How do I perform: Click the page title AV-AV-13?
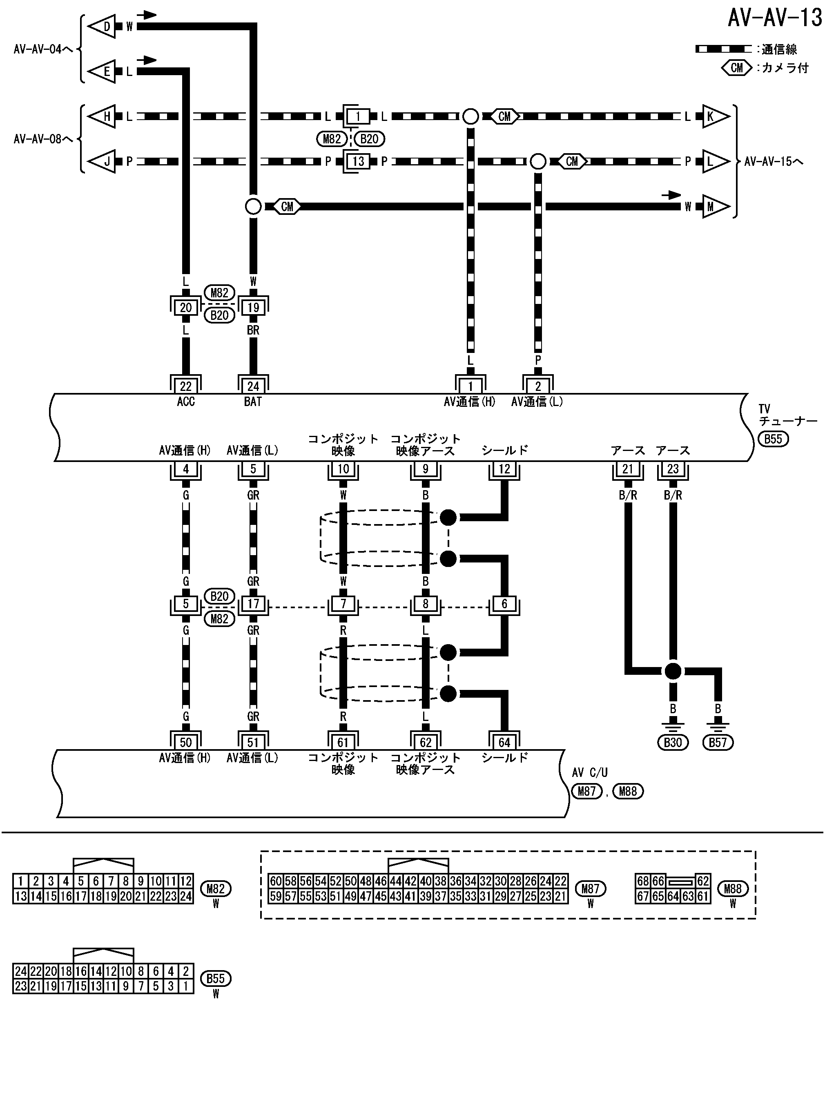tap(774, 18)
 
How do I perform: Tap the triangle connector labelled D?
tap(103, 27)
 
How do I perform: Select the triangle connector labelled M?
tap(714, 206)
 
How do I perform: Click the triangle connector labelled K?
tap(714, 116)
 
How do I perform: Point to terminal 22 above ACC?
tap(186, 386)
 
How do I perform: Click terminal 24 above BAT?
tap(253, 386)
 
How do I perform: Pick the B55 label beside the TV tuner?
tap(773, 439)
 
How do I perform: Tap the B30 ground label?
tap(673, 743)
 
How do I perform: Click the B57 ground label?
tap(718, 743)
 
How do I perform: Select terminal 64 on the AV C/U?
tap(504, 743)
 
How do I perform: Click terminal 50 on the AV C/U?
tap(186, 743)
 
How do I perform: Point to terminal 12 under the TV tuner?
tap(504, 469)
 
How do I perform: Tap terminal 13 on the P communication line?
tap(358, 161)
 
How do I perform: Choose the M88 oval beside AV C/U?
tap(628, 792)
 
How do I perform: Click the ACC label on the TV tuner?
tap(186, 402)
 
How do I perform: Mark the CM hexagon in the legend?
tap(737, 68)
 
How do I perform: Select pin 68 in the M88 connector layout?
tap(643, 881)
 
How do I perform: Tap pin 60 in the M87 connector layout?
tap(276, 881)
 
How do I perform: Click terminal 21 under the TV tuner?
tap(628, 469)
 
